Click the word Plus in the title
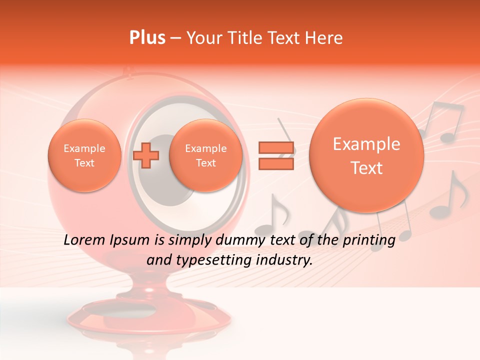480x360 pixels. click(x=147, y=38)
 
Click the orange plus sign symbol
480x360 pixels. click(x=146, y=155)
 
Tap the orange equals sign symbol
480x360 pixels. click(x=275, y=155)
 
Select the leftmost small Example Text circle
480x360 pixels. click(x=84, y=155)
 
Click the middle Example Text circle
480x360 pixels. click(x=205, y=155)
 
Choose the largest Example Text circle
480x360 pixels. click(x=366, y=155)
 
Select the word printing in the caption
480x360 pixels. click(x=369, y=240)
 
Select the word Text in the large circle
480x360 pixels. click(x=366, y=168)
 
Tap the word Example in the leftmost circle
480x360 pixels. click(x=84, y=148)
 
